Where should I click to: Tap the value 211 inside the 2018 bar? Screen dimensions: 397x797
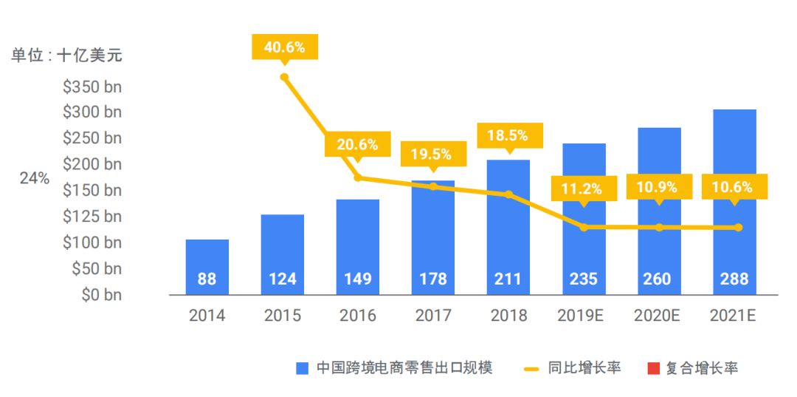(x=508, y=279)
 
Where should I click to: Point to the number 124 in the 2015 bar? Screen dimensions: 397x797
(x=282, y=279)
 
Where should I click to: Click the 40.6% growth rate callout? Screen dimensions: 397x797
(x=284, y=47)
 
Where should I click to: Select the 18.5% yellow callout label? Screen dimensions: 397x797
(x=508, y=135)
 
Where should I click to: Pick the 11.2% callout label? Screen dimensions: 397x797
(x=583, y=189)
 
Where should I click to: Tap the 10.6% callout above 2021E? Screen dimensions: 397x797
(x=734, y=187)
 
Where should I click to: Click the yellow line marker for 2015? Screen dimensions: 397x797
(x=284, y=77)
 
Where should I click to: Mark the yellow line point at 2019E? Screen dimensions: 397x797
(x=584, y=227)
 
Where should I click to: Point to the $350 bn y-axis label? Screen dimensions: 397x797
(x=92, y=86)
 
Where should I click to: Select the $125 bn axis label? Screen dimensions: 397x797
(x=92, y=216)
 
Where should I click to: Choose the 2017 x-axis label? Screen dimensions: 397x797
(x=433, y=316)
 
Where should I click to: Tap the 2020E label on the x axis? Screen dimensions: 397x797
(x=657, y=316)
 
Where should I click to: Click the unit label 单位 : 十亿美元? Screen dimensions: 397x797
(x=66, y=55)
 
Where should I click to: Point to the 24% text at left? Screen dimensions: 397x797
(x=35, y=178)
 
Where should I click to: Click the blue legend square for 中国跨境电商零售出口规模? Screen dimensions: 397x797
(x=302, y=368)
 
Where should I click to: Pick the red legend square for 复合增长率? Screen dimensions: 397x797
(x=653, y=368)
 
